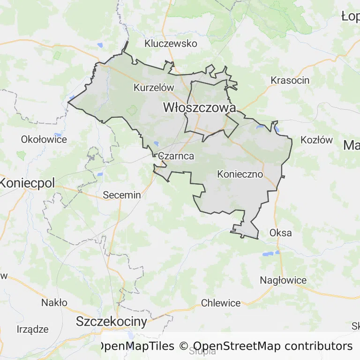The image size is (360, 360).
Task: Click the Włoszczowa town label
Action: click(199, 107)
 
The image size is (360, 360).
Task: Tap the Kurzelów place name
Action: click(154, 88)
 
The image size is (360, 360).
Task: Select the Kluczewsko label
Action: click(171, 44)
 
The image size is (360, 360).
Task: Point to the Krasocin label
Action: click(290, 80)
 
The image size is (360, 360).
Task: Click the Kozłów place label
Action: click(316, 140)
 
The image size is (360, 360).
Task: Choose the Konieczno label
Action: click(240, 174)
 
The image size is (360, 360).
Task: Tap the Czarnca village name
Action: click(176, 156)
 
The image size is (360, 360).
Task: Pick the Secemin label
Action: click(121, 195)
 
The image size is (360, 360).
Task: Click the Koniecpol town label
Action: click(27, 183)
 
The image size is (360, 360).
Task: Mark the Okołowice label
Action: click(44, 139)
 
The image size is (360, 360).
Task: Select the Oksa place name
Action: click(280, 232)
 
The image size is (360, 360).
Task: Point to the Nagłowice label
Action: click(283, 280)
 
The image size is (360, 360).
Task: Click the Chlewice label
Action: click(221, 303)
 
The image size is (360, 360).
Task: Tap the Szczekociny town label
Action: click(112, 322)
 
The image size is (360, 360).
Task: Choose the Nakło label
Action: click(54, 302)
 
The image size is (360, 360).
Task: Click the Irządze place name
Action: click(32, 329)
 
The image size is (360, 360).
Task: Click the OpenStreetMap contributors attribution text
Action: click(272, 346)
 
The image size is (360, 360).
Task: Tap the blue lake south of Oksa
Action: click(269, 254)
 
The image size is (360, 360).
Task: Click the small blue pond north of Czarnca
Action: click(156, 144)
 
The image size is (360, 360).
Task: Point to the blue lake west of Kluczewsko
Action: click(100, 45)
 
